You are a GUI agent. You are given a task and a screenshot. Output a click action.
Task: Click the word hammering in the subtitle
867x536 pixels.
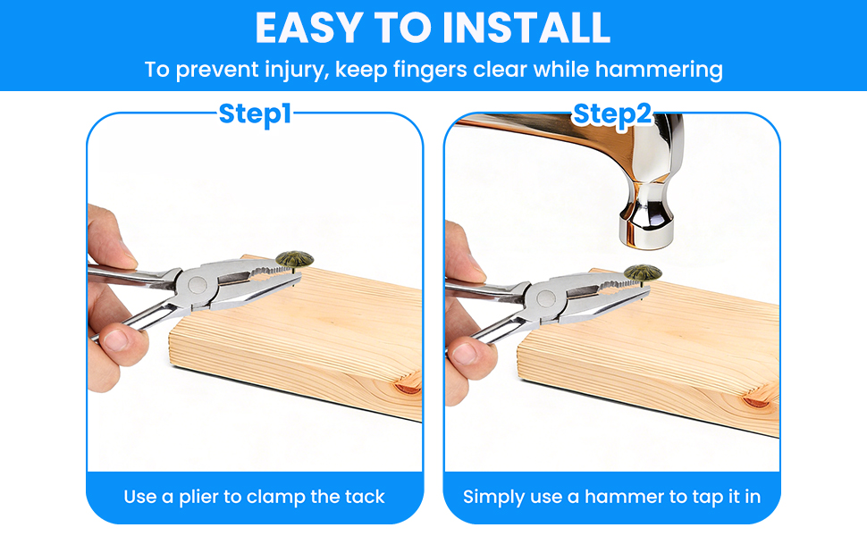659,71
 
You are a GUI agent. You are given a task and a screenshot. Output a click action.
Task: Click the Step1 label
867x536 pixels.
255,113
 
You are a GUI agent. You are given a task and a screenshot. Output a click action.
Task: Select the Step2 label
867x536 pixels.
612,113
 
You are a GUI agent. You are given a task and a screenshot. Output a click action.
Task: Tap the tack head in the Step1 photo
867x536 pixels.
295,258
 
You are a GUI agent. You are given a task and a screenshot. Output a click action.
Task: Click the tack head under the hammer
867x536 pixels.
643,272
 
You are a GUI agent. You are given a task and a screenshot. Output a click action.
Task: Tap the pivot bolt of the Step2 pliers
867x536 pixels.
546,298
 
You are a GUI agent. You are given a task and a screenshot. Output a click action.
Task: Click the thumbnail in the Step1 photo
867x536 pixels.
115,339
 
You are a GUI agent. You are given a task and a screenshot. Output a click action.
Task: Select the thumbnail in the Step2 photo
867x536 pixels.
465,353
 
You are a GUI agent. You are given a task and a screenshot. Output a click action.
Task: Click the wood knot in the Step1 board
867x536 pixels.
408,388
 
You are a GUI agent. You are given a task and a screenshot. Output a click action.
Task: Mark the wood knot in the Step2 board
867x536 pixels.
756,401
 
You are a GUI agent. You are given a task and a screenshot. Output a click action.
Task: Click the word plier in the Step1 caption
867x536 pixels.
200,498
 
